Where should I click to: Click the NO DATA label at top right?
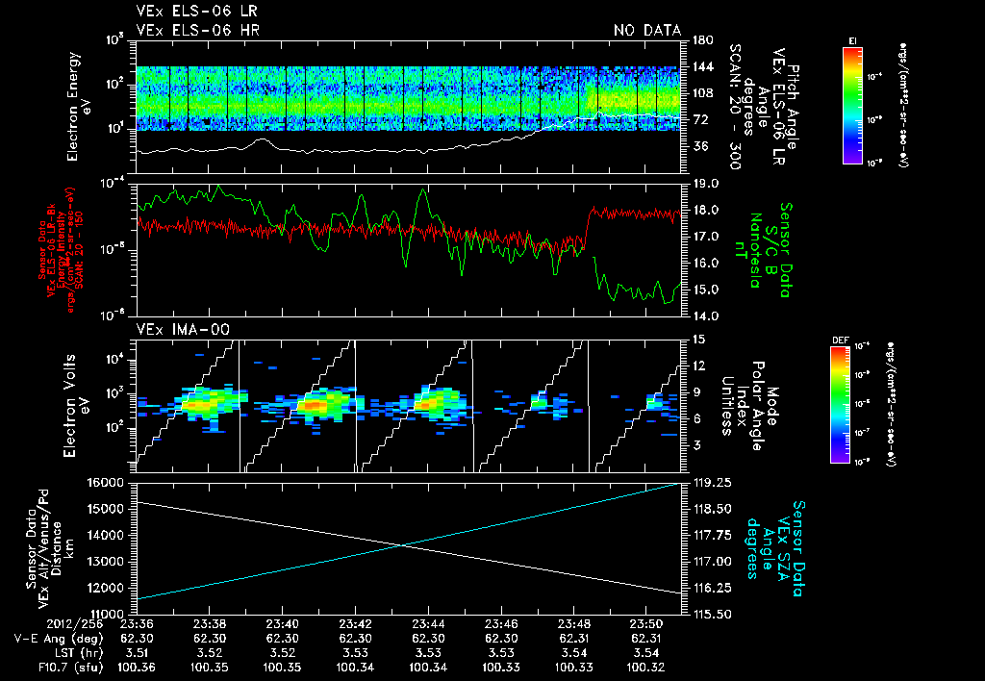point(646,30)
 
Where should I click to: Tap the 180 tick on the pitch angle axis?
point(702,39)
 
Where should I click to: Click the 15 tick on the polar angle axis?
point(698,340)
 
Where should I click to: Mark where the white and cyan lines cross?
point(403,545)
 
